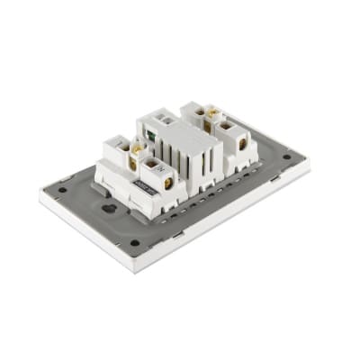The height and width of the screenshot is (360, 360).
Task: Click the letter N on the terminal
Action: point(155,166)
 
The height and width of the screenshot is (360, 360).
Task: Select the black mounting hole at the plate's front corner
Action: point(134,242)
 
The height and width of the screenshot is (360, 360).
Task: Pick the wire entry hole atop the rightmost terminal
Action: point(236,121)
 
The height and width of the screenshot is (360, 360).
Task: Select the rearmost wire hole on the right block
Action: point(193,108)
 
